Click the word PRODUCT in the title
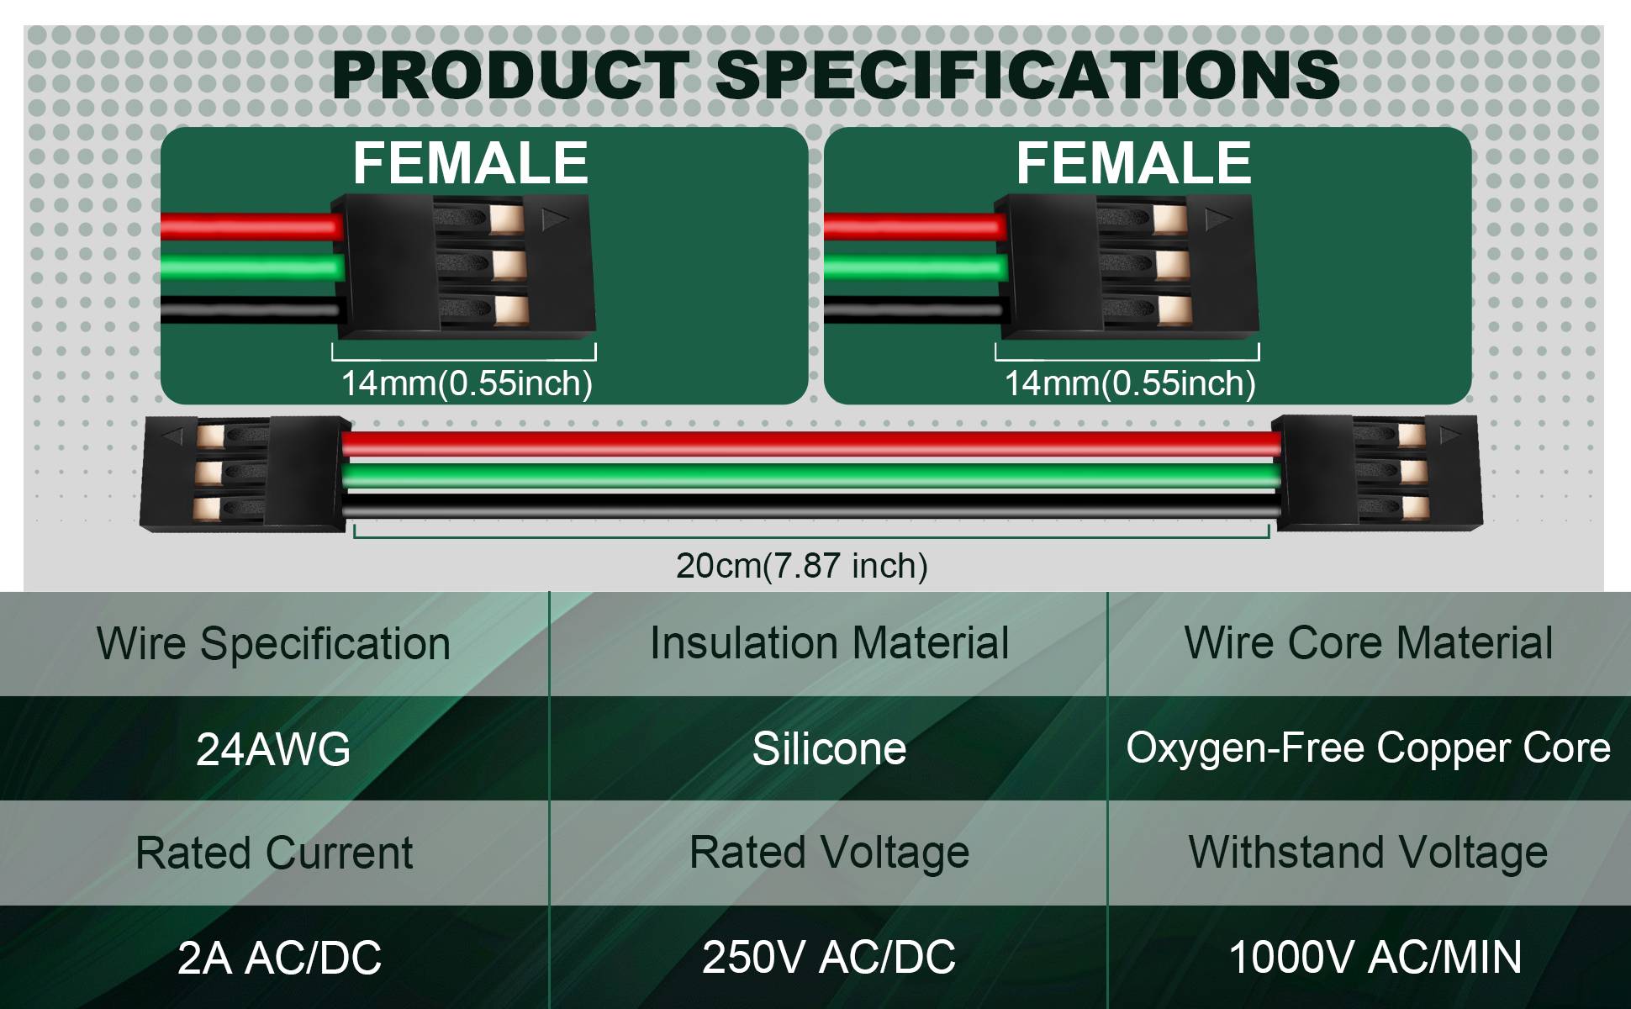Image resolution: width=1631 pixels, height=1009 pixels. [x=510, y=75]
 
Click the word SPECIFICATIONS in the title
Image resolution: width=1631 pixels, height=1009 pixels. [x=1027, y=75]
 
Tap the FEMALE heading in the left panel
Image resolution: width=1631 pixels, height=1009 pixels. [x=470, y=162]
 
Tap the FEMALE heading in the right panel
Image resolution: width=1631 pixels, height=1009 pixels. [x=1133, y=162]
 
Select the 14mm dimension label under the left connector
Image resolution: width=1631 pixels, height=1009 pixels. [x=467, y=383]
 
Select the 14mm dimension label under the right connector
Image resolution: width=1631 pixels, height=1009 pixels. [x=1130, y=383]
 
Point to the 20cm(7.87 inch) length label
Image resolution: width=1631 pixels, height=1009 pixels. [x=802, y=565]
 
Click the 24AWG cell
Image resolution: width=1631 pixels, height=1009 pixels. [x=273, y=749]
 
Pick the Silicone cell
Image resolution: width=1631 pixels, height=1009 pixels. [x=829, y=748]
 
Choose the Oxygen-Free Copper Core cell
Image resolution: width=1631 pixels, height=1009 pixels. [x=1368, y=748]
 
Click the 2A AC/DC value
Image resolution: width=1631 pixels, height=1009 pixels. [x=279, y=958]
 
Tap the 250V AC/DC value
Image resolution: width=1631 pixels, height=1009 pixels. [x=829, y=957]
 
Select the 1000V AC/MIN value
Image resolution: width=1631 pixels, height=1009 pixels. [x=1375, y=957]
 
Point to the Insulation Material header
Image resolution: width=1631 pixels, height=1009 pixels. [x=829, y=643]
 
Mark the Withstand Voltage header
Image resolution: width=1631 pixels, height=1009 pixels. [x=1368, y=853]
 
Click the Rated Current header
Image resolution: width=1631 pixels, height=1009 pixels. [x=274, y=853]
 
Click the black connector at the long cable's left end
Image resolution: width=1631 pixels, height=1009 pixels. [x=245, y=474]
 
